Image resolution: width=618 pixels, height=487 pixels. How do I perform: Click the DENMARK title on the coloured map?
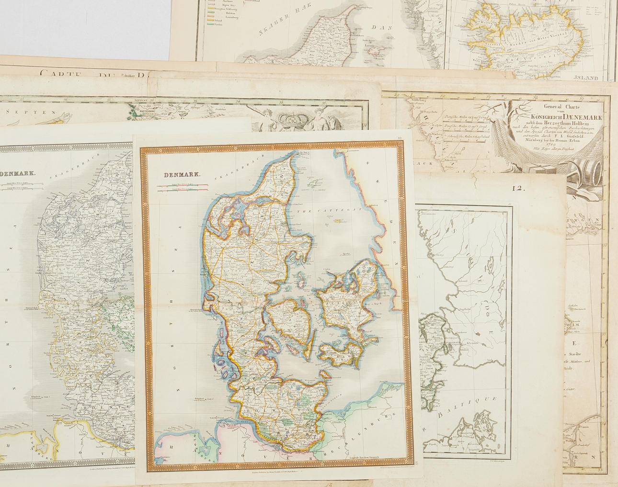[x=183, y=175]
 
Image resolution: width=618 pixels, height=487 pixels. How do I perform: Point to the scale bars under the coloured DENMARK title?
[x=183, y=188]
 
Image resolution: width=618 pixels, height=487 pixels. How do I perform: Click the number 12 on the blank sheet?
[x=518, y=188]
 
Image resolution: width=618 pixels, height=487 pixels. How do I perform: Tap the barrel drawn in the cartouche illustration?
[x=592, y=172]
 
